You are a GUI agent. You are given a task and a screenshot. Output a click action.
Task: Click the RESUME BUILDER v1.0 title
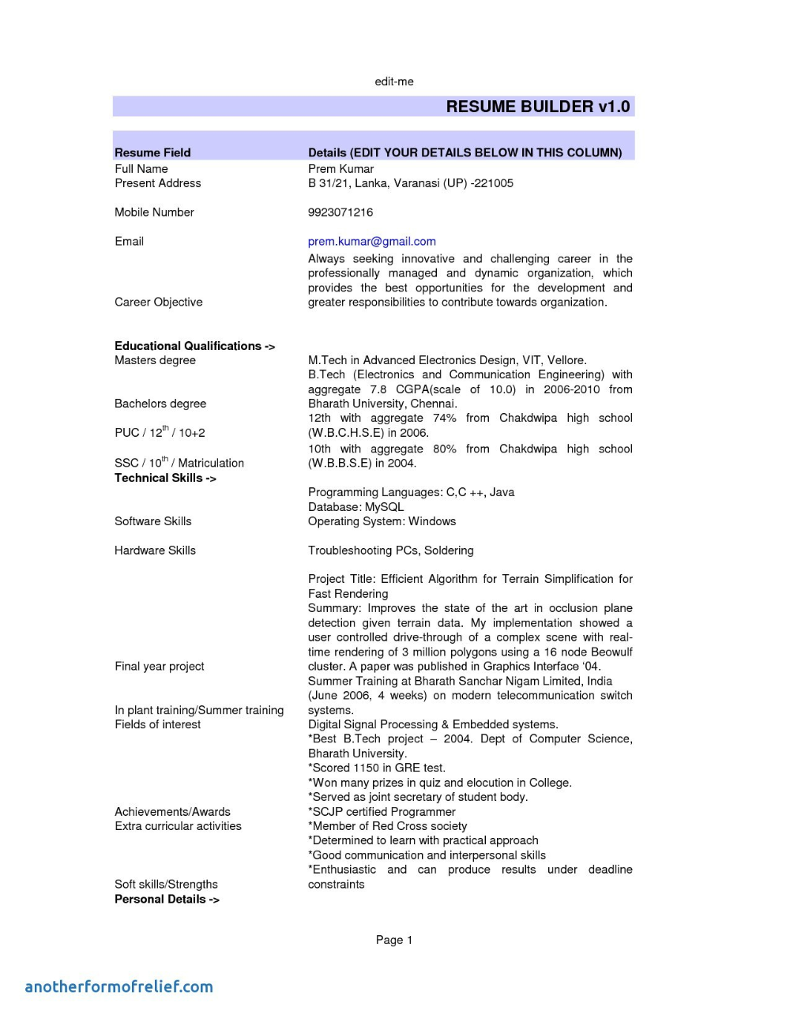click(x=537, y=107)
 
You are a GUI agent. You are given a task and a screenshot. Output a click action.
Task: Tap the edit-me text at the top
click(x=394, y=81)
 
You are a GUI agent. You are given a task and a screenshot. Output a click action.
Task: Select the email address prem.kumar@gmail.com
click(x=372, y=242)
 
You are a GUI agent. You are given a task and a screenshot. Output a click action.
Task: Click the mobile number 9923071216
click(x=340, y=212)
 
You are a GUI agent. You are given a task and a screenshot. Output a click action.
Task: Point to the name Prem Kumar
click(x=341, y=169)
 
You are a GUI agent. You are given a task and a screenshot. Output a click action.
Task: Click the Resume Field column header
click(x=152, y=152)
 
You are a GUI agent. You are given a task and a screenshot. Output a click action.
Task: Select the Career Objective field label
click(x=159, y=302)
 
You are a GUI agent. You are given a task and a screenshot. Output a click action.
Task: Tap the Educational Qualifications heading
click(x=194, y=346)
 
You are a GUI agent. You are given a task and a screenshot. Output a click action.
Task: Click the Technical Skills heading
click(x=165, y=478)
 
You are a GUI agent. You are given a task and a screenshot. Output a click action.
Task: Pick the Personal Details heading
click(x=167, y=900)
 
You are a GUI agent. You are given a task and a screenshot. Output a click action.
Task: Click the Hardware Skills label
click(x=155, y=550)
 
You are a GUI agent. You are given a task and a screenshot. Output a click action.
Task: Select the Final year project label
click(x=160, y=667)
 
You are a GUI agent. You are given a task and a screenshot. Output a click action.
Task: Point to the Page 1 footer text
click(x=394, y=940)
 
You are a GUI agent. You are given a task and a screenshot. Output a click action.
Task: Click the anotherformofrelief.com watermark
click(x=119, y=986)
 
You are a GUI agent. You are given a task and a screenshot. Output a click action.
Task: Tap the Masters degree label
click(x=155, y=360)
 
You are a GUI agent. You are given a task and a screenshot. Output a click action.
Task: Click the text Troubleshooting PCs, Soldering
click(x=391, y=550)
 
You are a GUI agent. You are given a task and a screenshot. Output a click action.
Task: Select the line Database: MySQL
click(x=355, y=507)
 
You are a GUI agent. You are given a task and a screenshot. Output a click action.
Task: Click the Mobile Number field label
click(x=154, y=212)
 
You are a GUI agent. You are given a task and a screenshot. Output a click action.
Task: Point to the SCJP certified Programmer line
click(x=382, y=812)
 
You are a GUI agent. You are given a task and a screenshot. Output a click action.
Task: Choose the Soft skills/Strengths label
click(x=166, y=885)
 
